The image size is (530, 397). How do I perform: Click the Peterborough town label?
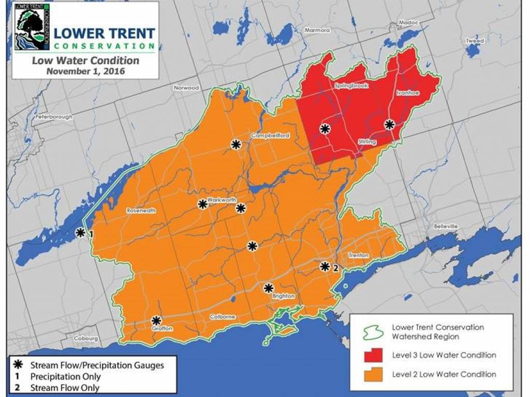coord(54,117)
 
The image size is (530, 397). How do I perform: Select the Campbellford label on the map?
coord(270,136)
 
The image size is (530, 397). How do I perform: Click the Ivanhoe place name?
coord(407,93)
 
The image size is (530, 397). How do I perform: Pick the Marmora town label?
coord(317,30)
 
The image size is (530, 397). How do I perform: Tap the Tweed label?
coord(475,41)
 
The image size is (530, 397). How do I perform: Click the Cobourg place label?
coord(85,339)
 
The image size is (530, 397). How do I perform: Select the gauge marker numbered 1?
coord(81,233)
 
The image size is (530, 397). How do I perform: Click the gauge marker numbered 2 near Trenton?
coord(325,267)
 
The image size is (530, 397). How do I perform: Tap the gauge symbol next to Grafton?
coord(156,320)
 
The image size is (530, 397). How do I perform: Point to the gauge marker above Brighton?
coord(269,288)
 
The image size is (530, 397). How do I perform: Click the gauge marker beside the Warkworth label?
coord(202,204)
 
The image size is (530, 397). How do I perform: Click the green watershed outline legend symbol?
coord(372,332)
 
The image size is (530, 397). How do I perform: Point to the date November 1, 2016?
coord(85,71)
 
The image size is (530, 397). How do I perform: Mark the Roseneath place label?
coord(140,211)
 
